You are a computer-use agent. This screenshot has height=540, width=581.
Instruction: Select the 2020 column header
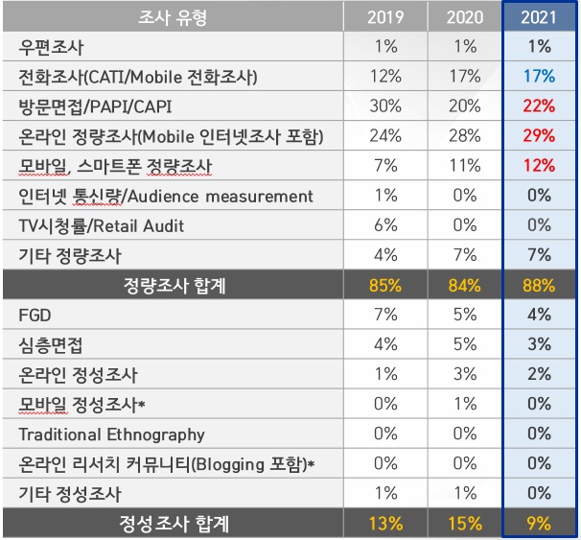462,17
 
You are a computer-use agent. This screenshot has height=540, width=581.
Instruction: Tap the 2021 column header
539,17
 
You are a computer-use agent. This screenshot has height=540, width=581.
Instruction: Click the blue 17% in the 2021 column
539,77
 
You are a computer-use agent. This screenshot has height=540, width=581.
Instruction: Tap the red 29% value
539,136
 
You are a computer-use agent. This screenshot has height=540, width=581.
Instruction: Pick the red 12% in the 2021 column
539,166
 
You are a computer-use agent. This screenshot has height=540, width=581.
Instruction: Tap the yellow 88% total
539,284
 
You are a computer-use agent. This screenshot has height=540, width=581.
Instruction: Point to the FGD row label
37,315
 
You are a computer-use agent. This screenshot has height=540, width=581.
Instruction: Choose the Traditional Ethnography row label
111,434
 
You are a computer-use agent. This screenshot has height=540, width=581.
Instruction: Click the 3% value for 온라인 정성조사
462,374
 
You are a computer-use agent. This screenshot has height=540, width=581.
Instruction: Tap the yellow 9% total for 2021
539,524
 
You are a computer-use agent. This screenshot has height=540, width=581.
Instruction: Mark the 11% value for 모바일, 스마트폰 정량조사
462,166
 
